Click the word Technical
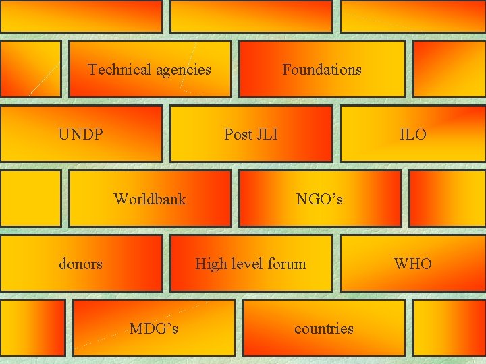(x=119, y=69)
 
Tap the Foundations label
(x=322, y=69)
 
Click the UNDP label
(x=81, y=134)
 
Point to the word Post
(x=238, y=134)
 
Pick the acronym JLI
(x=266, y=134)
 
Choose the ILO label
(x=413, y=134)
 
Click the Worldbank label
(x=150, y=199)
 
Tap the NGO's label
(x=320, y=199)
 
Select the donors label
(x=81, y=264)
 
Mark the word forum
(x=288, y=264)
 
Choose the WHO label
(x=413, y=264)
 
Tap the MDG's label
(x=154, y=328)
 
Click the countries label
(x=324, y=328)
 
